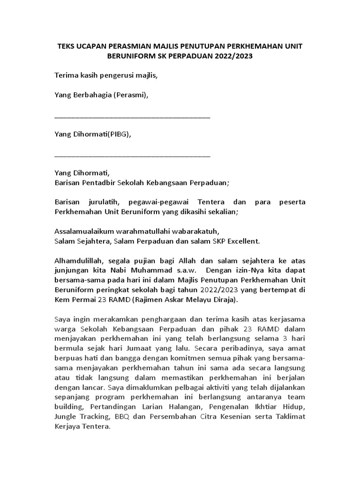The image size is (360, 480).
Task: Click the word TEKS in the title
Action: (x=66, y=47)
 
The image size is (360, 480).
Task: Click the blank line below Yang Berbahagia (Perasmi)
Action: (x=132, y=116)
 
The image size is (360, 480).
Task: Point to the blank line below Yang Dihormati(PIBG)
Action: (x=132, y=155)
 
